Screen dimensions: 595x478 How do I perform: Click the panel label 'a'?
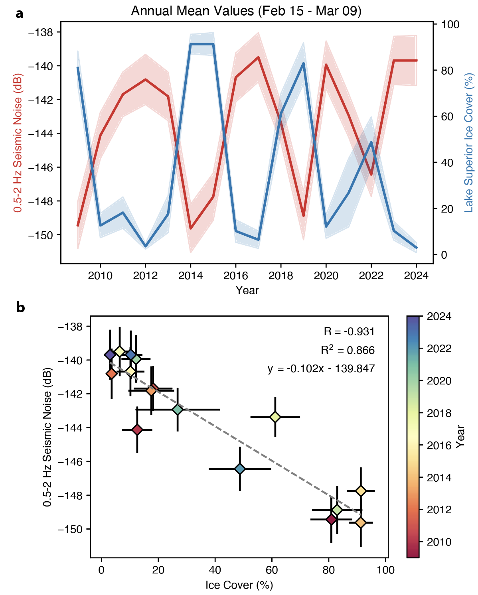coord(19,14)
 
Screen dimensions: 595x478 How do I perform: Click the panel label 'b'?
coord(20,307)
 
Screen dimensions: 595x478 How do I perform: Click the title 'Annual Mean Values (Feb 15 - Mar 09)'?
coord(246,11)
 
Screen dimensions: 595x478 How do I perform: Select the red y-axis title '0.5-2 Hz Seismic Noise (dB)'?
coord(18,142)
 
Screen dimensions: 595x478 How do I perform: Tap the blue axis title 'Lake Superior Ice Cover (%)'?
coord(469,142)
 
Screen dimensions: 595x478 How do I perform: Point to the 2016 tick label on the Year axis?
coord(236,276)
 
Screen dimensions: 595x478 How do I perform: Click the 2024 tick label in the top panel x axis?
coord(416,276)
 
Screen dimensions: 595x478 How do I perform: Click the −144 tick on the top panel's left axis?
coord(41,134)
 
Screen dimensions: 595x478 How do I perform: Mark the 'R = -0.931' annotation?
coord(349,331)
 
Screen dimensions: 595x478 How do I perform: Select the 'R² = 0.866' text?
coord(348,350)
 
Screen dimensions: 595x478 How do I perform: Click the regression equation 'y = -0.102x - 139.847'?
coord(321,368)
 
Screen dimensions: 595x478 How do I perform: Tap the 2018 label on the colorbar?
coord(439,413)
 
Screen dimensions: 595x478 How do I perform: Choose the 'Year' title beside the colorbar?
coord(461,437)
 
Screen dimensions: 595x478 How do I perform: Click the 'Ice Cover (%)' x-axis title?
coord(239,585)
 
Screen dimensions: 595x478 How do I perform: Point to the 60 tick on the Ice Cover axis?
coord(272,570)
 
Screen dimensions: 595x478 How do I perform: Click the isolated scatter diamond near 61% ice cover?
coord(275,417)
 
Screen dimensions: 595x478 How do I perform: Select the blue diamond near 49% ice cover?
coord(240,469)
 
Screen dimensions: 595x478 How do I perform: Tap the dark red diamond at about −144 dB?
coord(137,430)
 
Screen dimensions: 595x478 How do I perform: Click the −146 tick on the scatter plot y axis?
coord(70,462)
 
